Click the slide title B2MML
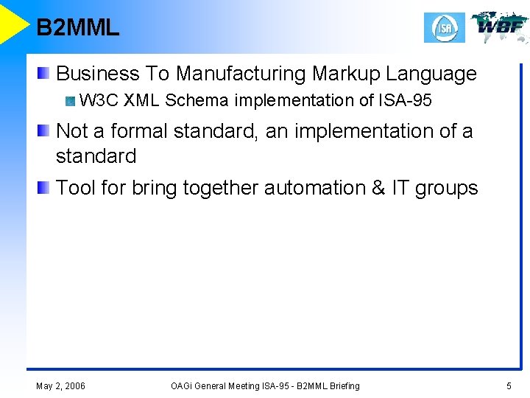[77, 28]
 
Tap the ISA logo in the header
[444, 28]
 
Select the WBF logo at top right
[500, 27]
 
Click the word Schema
[197, 100]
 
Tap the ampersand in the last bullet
[378, 188]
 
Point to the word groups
[446, 188]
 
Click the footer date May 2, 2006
[60, 385]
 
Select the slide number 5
[509, 385]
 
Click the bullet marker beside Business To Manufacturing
[45, 73]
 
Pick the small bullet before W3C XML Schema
[70, 101]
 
